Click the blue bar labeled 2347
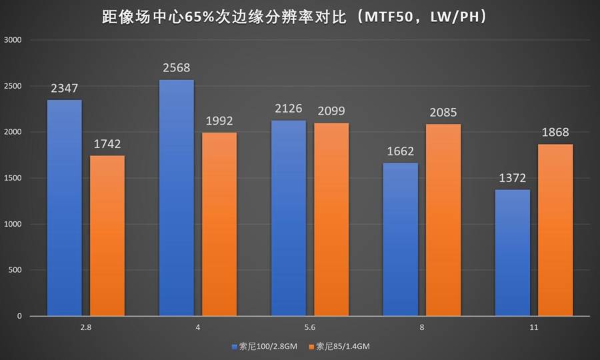[x=64, y=207]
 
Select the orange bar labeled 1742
[x=107, y=235]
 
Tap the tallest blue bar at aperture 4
[x=177, y=197]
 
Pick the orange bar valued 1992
[x=219, y=224]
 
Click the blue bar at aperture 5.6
[x=289, y=217]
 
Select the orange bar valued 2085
[x=443, y=219]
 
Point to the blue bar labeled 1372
[x=513, y=252]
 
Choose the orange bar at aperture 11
[x=555, y=229]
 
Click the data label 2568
[x=177, y=69]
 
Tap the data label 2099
[x=331, y=111]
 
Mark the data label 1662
[x=401, y=151]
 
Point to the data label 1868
[x=555, y=133]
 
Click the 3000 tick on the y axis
[x=14, y=40]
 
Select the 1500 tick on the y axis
[x=14, y=178]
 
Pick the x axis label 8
[x=422, y=327]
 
